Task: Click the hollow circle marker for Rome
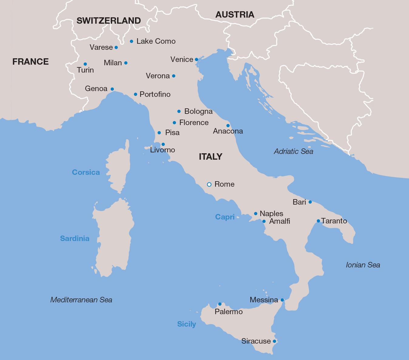[209, 184]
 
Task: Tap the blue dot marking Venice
[196, 59]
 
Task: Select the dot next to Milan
[126, 63]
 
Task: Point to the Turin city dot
[85, 64]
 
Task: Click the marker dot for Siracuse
[275, 341]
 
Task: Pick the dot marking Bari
[310, 202]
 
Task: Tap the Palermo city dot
[220, 304]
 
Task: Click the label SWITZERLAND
[109, 21]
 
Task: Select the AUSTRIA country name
[235, 15]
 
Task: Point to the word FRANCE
[30, 62]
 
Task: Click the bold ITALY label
[211, 157]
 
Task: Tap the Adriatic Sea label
[293, 151]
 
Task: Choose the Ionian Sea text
[363, 265]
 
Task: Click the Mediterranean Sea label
[81, 300]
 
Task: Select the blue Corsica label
[86, 172]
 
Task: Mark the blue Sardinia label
[75, 238]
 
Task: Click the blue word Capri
[225, 217]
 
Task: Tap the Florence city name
[194, 123]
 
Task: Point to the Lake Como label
[156, 41]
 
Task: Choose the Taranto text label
[334, 221]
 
